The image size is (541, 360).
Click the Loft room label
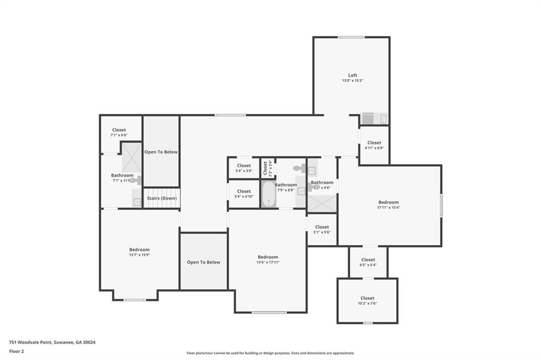tap(352, 75)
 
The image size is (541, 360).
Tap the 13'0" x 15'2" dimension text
tap(352, 81)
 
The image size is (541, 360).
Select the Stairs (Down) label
tap(162, 198)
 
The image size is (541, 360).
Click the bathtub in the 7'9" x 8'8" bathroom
tap(268, 194)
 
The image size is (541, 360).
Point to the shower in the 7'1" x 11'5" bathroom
tap(132, 157)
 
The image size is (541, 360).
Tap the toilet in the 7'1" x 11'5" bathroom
tap(136, 181)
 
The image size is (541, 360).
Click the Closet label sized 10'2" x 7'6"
tap(367, 298)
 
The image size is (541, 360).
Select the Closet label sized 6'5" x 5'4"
tap(368, 260)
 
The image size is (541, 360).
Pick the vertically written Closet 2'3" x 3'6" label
tap(265, 168)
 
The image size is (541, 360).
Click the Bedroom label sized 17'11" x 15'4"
tap(388, 202)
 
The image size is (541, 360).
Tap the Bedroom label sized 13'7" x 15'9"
tap(139, 250)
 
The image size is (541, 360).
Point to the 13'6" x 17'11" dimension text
tap(267, 262)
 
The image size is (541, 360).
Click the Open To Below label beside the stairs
tap(161, 152)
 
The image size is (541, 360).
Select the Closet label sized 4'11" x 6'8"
tap(374, 143)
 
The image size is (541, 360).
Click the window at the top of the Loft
tap(351, 37)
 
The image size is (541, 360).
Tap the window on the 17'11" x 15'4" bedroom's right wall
tap(441, 205)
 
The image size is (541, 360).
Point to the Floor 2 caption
tap(16, 351)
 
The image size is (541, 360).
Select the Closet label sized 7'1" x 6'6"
tap(119, 130)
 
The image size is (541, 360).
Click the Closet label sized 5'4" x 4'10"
tap(244, 191)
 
